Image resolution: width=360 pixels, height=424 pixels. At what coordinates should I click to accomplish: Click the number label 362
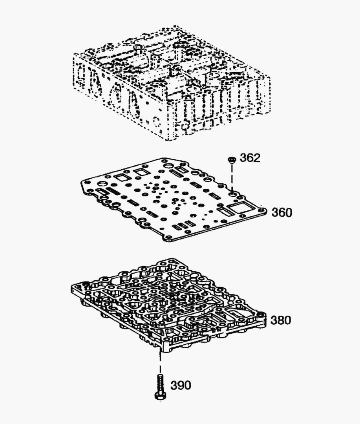coord(250,158)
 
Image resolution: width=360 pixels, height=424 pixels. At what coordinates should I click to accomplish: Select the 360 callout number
coord(282,212)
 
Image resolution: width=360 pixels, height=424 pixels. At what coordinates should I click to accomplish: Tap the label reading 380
coord(281,320)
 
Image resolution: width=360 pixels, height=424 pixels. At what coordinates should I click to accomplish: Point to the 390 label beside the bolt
coord(181,385)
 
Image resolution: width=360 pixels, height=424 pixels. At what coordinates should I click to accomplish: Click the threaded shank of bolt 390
coord(160,383)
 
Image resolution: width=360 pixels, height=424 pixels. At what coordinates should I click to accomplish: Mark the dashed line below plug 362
coord(232,177)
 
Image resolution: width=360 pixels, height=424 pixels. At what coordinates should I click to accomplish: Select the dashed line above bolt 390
coord(161,362)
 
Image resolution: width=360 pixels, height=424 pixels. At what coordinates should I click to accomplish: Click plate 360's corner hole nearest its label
coord(261,210)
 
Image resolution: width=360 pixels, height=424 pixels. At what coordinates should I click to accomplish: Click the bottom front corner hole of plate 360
coord(168,237)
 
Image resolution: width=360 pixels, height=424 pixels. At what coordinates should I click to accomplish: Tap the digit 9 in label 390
coord(181,385)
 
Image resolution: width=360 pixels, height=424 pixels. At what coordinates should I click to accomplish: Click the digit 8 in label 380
coord(281,320)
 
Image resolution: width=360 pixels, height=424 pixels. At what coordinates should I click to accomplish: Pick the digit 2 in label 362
coord(257,158)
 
